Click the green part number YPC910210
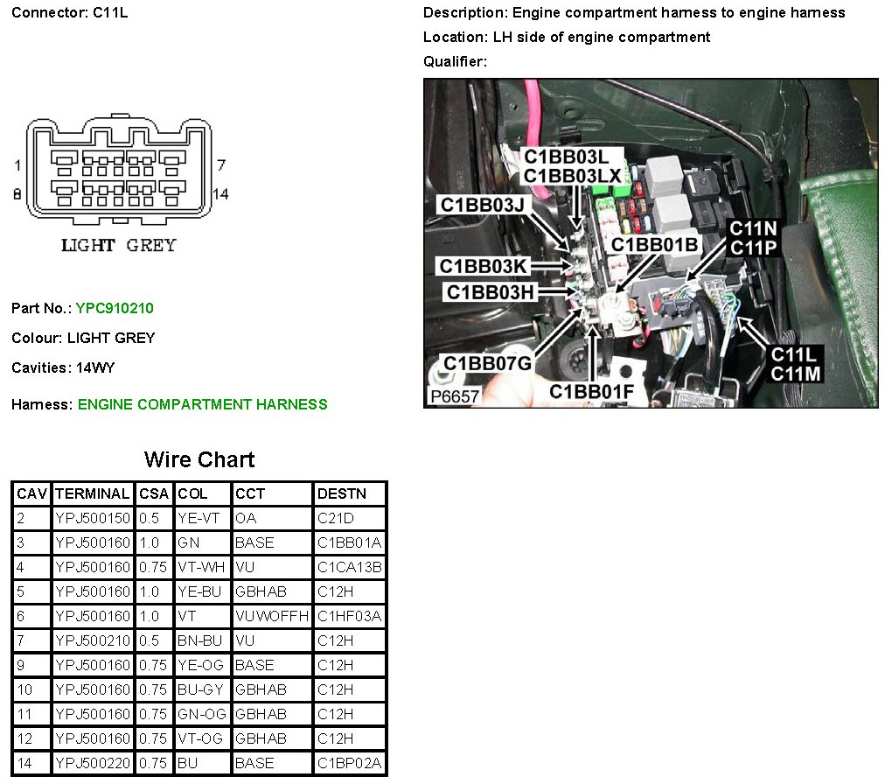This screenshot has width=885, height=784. click(x=115, y=308)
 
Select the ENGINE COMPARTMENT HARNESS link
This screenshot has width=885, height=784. click(x=202, y=404)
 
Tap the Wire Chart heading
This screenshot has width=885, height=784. click(x=199, y=459)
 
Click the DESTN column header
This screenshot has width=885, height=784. click(x=337, y=493)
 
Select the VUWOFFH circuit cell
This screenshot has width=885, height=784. click(x=272, y=616)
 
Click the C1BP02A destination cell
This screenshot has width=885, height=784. click(x=349, y=763)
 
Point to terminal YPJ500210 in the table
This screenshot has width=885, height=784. click(x=93, y=640)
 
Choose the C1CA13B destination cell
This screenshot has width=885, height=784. click(x=349, y=567)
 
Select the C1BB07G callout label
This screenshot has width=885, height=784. click(x=487, y=363)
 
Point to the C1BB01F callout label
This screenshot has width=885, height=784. click(x=591, y=391)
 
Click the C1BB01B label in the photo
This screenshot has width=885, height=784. click(x=655, y=245)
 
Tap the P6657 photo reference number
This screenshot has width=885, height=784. click(x=455, y=396)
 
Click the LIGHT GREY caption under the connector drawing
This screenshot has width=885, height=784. click(x=118, y=246)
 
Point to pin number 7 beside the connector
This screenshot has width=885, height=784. click(x=221, y=164)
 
